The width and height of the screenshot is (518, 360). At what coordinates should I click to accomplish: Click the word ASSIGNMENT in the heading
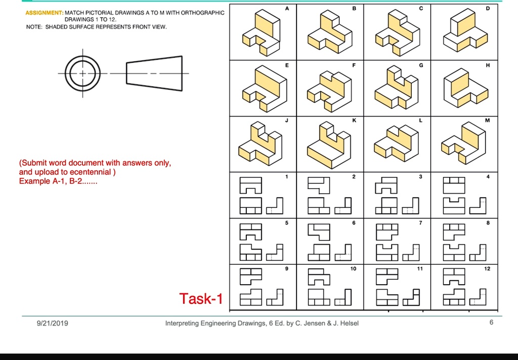(45, 13)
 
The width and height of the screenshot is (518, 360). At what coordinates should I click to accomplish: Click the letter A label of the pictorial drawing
(287, 9)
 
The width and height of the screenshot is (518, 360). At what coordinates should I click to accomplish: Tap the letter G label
(420, 65)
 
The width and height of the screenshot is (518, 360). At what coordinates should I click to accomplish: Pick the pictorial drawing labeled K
(329, 145)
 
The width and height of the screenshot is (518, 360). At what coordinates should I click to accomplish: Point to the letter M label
(487, 120)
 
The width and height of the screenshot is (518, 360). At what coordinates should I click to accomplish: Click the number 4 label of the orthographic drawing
(488, 176)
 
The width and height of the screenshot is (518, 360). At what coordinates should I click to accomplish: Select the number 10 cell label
(353, 268)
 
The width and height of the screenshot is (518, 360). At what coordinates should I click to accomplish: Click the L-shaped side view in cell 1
(275, 206)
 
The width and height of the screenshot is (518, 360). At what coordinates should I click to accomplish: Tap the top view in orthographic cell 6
(319, 232)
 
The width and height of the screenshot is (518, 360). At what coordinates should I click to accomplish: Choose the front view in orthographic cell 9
(251, 297)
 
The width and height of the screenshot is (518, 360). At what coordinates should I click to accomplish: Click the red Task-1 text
(201, 299)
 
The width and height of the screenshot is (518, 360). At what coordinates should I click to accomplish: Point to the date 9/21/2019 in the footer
(53, 323)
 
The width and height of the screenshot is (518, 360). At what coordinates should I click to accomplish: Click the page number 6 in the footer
(491, 323)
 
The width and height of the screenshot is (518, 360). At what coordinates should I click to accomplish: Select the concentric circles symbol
(82, 73)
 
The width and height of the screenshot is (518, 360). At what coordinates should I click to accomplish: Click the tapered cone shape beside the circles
(154, 73)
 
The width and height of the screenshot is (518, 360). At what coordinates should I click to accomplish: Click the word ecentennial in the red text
(91, 172)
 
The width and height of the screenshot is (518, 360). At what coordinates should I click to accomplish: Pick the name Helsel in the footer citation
(349, 323)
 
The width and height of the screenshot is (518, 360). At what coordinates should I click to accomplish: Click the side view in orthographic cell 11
(411, 297)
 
